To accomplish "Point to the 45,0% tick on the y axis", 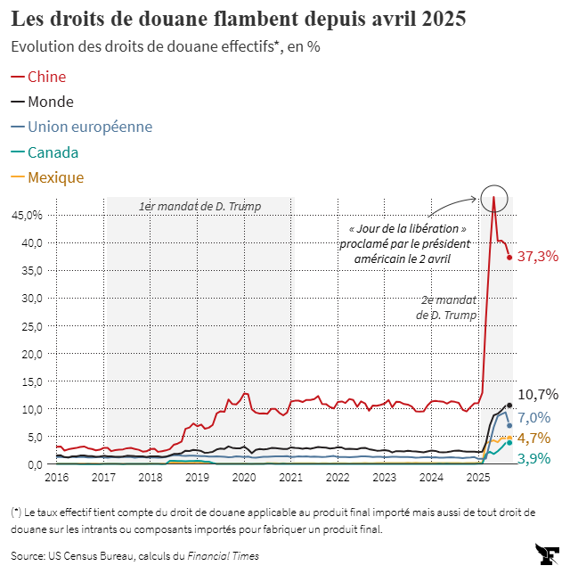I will (27, 215).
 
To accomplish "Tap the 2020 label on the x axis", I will (244, 478).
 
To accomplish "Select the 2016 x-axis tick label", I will (57, 478).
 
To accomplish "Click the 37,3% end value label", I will (537, 257).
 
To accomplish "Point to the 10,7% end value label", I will (537, 394).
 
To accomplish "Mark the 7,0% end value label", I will (533, 418).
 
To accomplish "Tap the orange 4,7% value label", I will (533, 438).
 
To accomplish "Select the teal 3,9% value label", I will (533, 458).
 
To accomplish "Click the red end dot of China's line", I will (509, 258).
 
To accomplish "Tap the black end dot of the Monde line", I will (509, 406).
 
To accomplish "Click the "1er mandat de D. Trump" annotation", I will (199, 207).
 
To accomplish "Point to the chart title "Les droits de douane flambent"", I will (239, 18).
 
